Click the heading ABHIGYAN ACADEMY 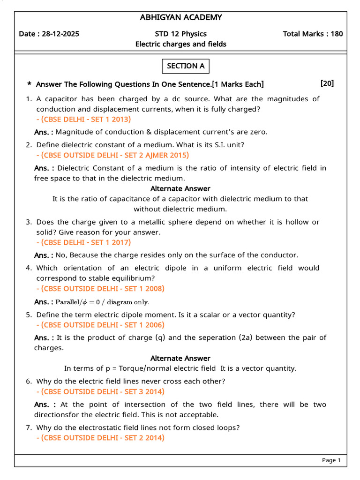pyautogui.click(x=180, y=18)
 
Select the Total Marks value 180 pyautogui.click(x=337, y=34)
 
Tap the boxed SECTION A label pyautogui.click(x=186, y=66)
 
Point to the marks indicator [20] pyautogui.click(x=327, y=83)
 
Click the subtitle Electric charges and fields pyautogui.click(x=180, y=44)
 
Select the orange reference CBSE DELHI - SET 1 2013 pyautogui.click(x=83, y=119)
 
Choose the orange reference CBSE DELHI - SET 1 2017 pyautogui.click(x=83, y=242)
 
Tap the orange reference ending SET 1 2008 pyautogui.click(x=100, y=288)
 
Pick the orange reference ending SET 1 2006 pyautogui.click(x=100, y=325)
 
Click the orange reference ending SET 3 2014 pyautogui.click(x=100, y=391)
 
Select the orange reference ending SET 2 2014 pyautogui.click(x=100, y=438)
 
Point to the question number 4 pyautogui.click(x=29, y=268)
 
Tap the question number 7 pyautogui.click(x=29, y=427)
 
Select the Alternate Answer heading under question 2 pyautogui.click(x=180, y=188)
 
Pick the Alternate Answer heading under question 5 pyautogui.click(x=180, y=358)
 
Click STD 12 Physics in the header pyautogui.click(x=180, y=34)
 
